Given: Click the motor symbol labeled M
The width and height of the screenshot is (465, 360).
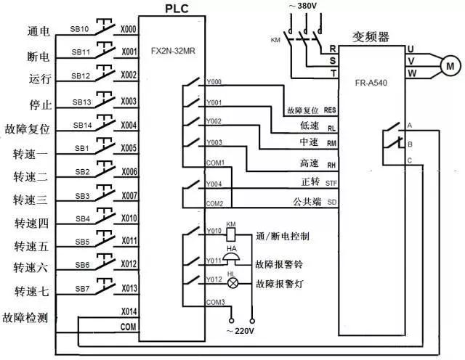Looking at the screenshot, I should click(x=446, y=65).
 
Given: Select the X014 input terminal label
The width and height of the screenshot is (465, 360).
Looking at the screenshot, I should click(x=128, y=311).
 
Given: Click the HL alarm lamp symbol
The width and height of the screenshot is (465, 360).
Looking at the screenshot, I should click(x=232, y=284).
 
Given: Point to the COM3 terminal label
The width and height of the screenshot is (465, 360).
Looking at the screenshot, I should click(x=215, y=301).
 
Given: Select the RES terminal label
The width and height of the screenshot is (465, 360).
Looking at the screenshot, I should click(x=331, y=110).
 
